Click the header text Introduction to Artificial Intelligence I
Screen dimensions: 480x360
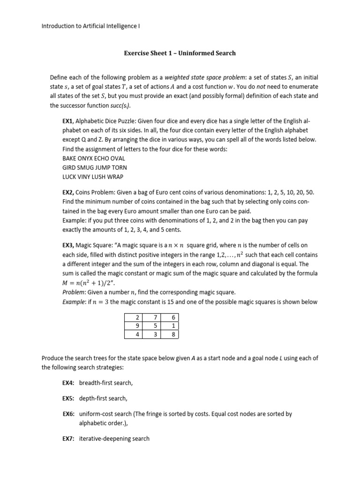(91, 26)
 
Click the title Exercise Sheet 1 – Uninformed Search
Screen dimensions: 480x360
(180, 53)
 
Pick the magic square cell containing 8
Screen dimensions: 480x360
(170, 334)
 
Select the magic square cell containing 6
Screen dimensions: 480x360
(170, 317)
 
